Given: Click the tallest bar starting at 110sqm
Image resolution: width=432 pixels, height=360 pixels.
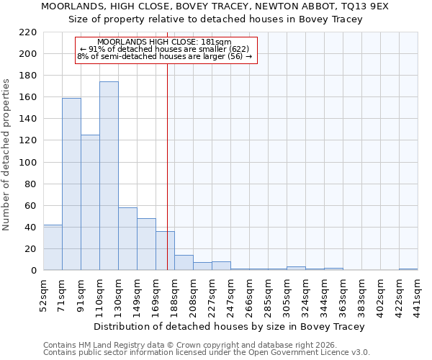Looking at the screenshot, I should [109, 176].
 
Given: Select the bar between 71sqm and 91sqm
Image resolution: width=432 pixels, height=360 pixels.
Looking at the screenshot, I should [71, 184].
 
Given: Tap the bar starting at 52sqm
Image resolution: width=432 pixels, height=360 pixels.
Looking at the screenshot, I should [53, 248].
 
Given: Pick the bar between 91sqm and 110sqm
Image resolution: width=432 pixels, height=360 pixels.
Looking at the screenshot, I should [90, 202].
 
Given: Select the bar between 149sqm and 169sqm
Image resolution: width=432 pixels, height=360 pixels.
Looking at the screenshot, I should [146, 244].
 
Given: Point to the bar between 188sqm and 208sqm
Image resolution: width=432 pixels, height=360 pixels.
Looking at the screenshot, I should [184, 263].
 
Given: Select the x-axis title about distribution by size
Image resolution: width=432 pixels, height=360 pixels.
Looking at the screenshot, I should [230, 326].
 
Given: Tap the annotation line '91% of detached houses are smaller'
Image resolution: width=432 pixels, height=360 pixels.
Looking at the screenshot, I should [166, 49].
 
